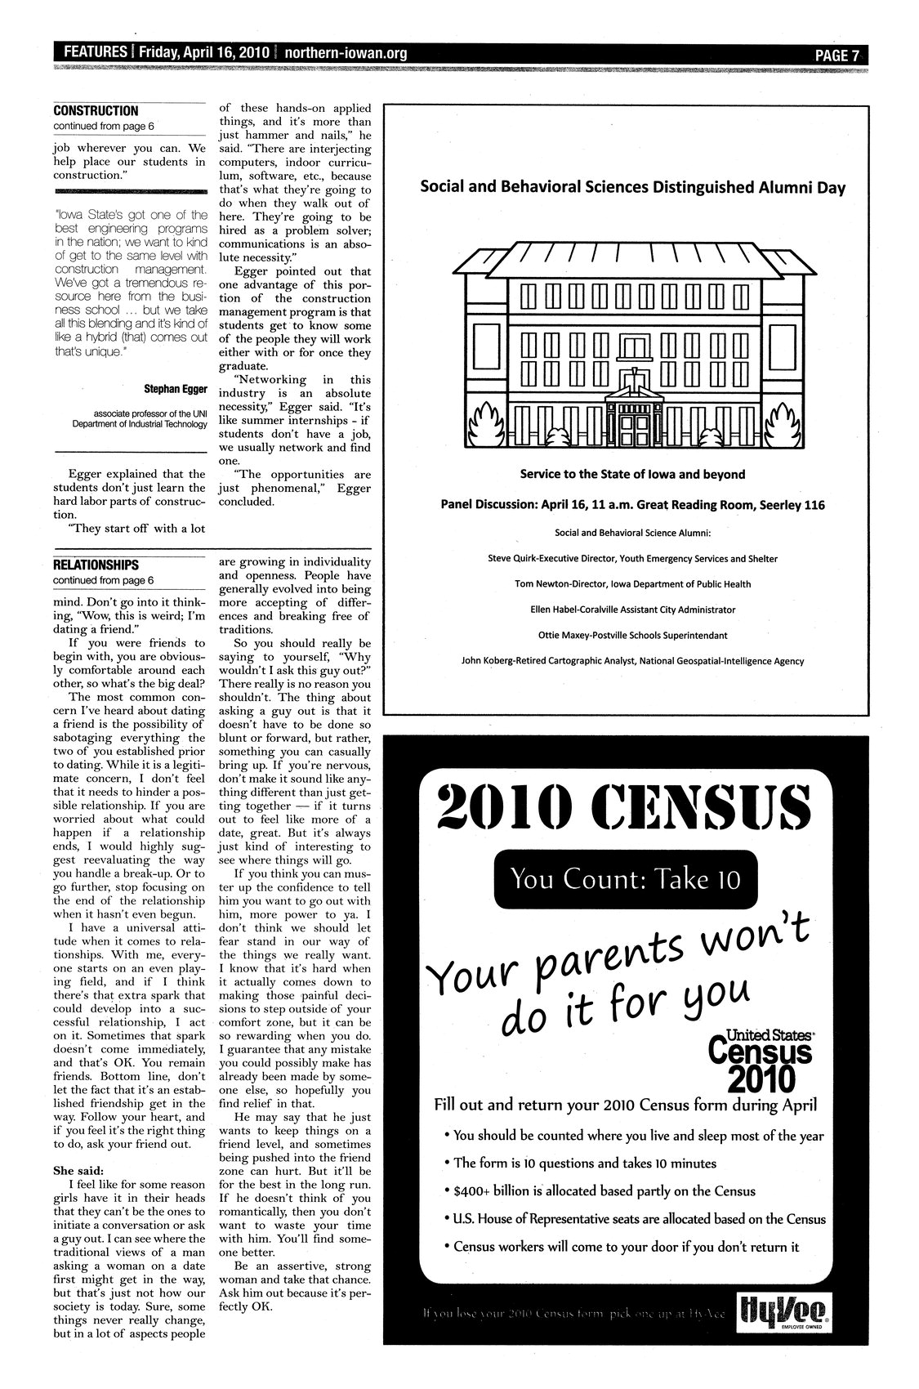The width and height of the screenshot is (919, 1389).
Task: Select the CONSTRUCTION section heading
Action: pyautogui.click(x=96, y=111)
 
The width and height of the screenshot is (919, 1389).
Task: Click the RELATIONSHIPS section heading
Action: pyautogui.click(x=96, y=565)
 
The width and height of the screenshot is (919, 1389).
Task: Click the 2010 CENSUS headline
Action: pyautogui.click(x=625, y=806)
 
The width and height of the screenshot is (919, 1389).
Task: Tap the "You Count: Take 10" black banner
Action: pyautogui.click(x=625, y=879)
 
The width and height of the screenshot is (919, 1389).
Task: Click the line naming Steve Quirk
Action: pyautogui.click(x=631, y=559)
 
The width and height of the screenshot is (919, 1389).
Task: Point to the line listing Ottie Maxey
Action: pyautogui.click(x=632, y=635)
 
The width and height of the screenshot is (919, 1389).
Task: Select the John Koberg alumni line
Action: pyautogui.click(x=632, y=661)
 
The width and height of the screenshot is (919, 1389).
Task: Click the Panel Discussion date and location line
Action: pyautogui.click(x=632, y=505)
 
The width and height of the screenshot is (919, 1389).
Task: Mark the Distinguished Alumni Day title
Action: pyautogui.click(x=632, y=187)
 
